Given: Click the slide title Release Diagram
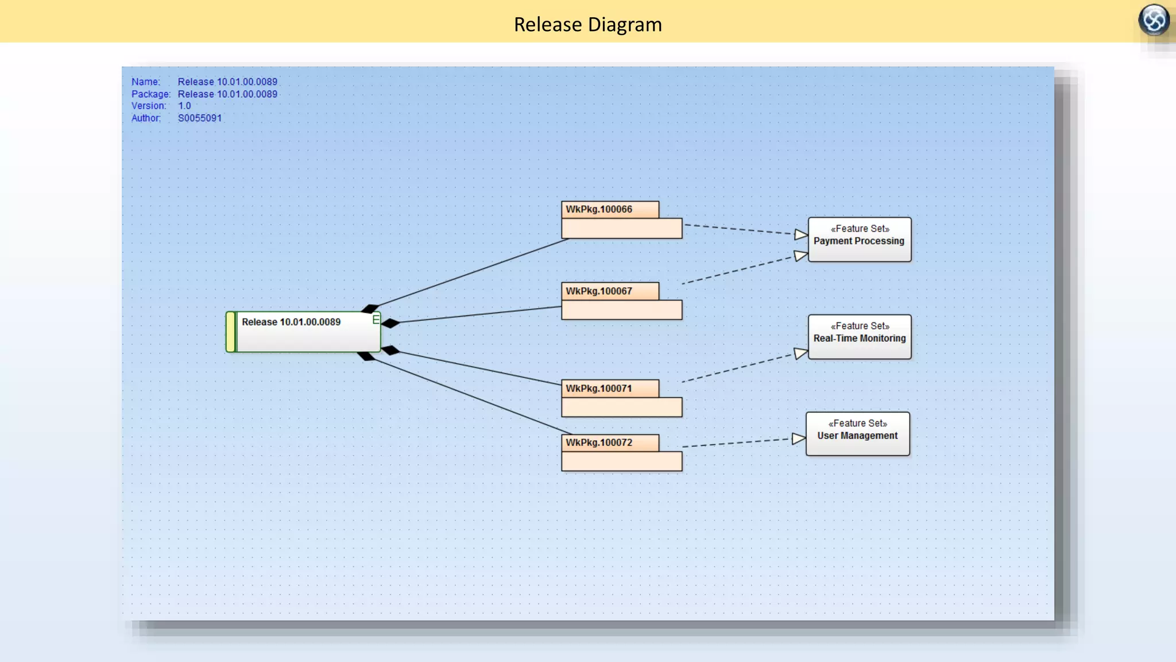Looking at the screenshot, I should pos(587,25).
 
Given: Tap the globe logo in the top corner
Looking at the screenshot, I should pos(1154,20).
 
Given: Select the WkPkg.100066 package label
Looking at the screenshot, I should pos(599,210).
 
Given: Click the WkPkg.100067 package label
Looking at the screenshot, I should pos(599,291).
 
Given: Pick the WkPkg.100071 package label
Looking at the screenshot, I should pos(599,388).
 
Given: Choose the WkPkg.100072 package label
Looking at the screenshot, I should pos(599,442).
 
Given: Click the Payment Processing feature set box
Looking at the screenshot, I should pos(859,240).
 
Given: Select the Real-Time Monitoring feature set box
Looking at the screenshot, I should pos(859,337).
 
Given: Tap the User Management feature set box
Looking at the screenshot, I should pos(857,434).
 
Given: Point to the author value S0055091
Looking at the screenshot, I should pos(199,118).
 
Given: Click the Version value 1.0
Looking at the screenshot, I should pos(184,106).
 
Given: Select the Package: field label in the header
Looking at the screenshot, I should pos(150,94).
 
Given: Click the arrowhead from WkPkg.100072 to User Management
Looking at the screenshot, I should pos(799,439).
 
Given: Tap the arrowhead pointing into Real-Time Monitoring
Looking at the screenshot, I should pos(801,353).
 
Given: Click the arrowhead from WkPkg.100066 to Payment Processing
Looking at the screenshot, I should pos(801,234).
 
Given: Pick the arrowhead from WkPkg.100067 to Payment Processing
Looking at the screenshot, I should pos(801,256).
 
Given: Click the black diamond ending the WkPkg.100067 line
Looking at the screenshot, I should pos(390,324).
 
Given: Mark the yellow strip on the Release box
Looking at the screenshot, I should pos(231,332).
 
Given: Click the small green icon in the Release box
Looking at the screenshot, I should pos(376,320).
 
